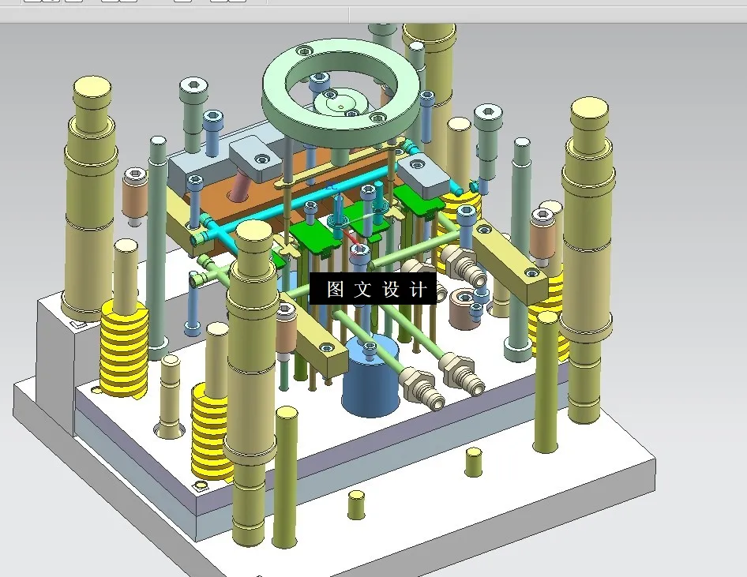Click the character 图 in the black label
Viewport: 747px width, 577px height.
coord(335,290)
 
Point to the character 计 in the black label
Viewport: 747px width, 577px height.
coord(418,290)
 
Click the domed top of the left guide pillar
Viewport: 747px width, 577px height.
coord(92,87)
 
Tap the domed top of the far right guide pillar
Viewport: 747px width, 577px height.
coord(588,108)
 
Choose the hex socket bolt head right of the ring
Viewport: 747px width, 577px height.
coord(488,114)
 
